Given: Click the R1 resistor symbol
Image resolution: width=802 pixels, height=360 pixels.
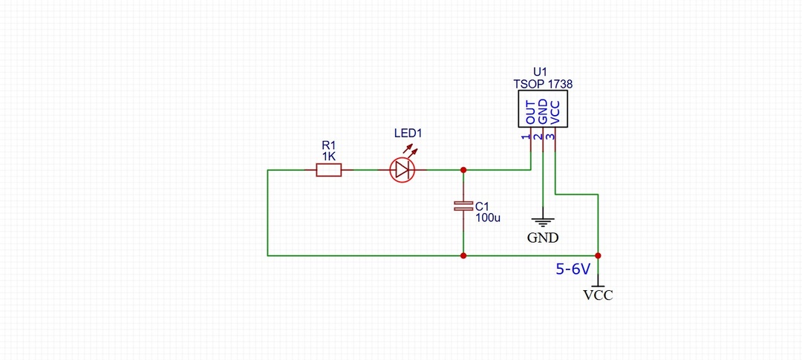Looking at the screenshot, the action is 328,170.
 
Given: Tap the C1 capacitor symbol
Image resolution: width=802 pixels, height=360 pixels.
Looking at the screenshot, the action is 463,206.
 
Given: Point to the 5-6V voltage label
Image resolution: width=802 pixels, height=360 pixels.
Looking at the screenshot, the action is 573,269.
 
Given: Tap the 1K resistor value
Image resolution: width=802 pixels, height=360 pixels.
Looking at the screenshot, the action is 329,157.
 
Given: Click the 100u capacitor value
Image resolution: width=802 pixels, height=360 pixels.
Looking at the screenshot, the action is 487,217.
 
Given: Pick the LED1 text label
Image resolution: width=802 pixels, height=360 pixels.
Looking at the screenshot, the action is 408,134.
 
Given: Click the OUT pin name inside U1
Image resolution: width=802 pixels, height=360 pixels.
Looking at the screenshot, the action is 531,113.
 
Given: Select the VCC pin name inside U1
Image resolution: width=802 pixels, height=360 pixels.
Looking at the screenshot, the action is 555,113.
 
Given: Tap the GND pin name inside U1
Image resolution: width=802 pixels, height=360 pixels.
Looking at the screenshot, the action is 543,112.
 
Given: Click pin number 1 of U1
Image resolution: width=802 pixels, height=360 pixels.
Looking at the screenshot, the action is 525,137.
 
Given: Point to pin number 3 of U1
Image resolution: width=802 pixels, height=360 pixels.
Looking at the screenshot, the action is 550,137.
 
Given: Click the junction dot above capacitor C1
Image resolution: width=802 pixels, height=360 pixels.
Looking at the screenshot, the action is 463,170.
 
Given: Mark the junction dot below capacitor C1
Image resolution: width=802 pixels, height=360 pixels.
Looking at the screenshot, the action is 463,255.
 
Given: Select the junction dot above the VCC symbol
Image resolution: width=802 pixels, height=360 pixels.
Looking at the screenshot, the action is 598,255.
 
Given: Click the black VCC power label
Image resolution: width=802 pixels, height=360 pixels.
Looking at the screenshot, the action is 598,295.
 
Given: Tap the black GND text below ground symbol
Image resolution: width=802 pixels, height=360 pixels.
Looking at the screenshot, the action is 543,238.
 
